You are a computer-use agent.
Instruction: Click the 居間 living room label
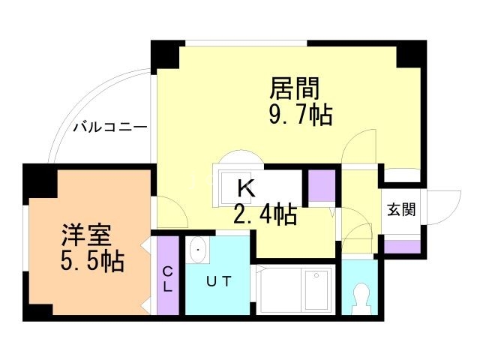295,88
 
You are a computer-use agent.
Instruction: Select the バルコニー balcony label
109,127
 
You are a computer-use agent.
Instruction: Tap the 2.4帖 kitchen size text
264,215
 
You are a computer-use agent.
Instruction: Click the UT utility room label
220,281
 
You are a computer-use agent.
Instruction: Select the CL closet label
168,279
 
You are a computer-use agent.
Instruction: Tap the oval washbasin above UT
197,250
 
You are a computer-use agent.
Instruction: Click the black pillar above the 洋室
37,178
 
